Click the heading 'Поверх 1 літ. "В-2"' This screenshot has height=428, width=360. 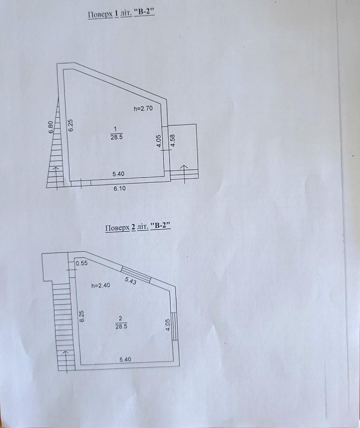121,14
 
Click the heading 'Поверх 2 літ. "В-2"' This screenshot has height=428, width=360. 138,228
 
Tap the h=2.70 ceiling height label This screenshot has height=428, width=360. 143,108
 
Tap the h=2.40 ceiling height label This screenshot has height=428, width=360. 101,285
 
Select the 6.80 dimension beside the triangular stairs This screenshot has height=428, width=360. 51,127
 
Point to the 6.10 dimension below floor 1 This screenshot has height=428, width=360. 120,188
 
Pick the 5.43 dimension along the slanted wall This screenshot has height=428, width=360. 130,281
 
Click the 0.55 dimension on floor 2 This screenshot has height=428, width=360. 82,263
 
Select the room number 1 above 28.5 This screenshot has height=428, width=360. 115,129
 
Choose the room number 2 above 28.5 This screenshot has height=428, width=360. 121,319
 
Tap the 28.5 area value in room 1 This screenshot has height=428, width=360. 117,137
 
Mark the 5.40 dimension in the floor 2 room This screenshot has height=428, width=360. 125,359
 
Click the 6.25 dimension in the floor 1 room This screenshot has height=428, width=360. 71,125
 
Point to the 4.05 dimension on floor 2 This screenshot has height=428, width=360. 168,325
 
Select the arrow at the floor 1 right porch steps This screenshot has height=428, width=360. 185,174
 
